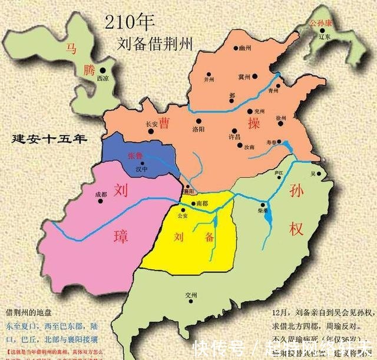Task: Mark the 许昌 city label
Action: point(234,136)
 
